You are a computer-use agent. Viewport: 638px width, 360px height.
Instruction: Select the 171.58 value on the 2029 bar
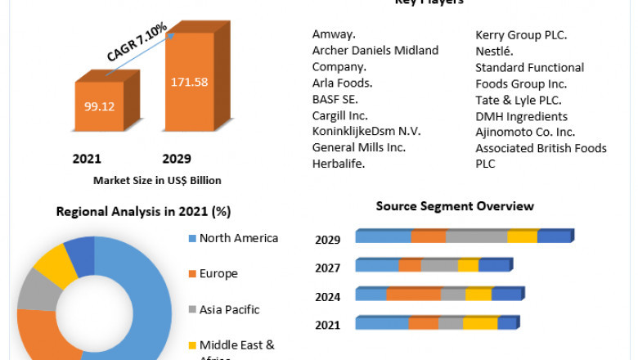click(x=188, y=82)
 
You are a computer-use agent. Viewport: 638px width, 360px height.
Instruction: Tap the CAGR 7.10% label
click(x=137, y=42)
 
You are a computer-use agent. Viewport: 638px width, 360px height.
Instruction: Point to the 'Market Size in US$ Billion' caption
click(x=157, y=180)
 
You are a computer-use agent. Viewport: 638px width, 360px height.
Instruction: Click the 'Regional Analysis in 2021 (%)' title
click(x=143, y=212)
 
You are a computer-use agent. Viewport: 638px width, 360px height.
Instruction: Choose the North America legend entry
click(x=238, y=238)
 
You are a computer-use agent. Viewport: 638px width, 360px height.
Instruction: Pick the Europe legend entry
click(x=218, y=273)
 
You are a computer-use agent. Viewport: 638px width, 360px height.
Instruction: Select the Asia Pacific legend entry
click(x=229, y=309)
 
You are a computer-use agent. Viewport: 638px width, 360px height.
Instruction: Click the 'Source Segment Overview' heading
click(x=455, y=206)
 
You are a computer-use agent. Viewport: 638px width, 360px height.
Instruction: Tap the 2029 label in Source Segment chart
click(x=327, y=240)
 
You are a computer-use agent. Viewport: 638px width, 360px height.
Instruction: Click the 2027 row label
click(x=327, y=268)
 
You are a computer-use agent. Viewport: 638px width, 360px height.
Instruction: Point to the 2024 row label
click(x=327, y=296)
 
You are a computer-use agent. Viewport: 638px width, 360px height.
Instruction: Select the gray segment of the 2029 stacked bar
click(x=476, y=237)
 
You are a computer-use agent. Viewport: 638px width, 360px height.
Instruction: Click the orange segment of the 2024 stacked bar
click(x=413, y=295)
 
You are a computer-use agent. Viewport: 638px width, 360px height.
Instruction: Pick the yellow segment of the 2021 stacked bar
click(x=479, y=324)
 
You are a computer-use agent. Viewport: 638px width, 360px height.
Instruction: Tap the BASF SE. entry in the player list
click(x=335, y=99)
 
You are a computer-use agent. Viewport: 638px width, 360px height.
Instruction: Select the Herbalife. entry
click(x=338, y=164)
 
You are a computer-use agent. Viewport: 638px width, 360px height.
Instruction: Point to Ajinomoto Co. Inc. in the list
click(x=525, y=132)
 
